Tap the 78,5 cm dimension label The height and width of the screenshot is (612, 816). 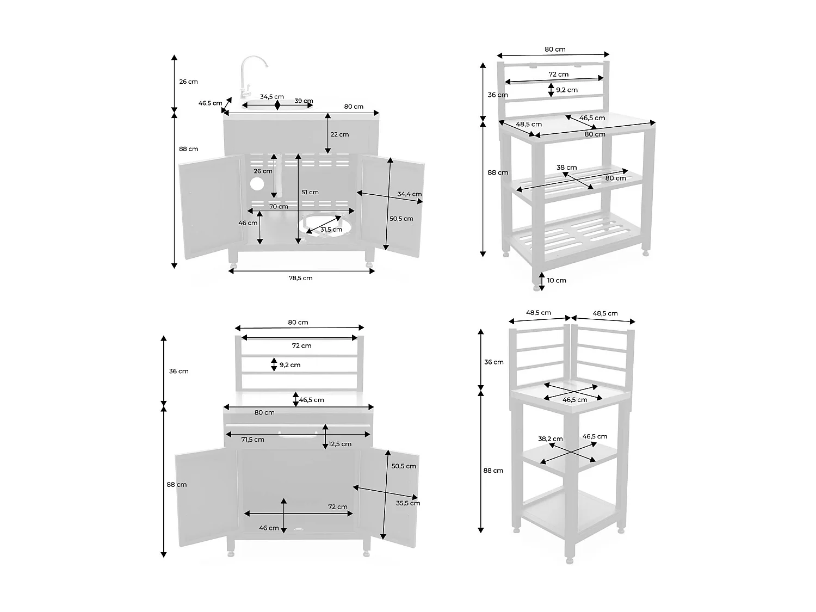click(300, 278)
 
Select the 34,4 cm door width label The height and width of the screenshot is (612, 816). click(409, 194)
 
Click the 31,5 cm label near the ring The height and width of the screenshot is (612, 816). click(331, 230)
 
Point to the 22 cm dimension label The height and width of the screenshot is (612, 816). click(340, 134)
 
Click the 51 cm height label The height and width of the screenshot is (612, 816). click(310, 192)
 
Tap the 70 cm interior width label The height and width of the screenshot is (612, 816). click(279, 206)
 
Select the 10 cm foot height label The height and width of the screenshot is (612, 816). click(557, 280)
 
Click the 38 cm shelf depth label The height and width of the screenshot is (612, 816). click(566, 168)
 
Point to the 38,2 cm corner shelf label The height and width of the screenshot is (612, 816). click(550, 438)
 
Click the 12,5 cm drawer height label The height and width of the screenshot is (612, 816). click(340, 444)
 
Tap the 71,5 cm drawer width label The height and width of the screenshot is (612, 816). click(252, 440)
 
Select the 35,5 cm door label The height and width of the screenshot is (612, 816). click(408, 503)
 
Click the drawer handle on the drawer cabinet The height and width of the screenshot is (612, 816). click(297, 434)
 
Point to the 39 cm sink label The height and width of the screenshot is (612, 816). click(304, 101)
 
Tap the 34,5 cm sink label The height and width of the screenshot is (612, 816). click(271, 97)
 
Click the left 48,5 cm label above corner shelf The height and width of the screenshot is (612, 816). click(538, 313)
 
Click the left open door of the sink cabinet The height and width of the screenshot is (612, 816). click(209, 207)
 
